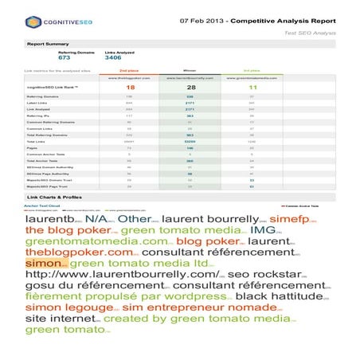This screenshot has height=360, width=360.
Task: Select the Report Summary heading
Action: coord(48,45)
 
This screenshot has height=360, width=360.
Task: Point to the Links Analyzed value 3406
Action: coord(113,58)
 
